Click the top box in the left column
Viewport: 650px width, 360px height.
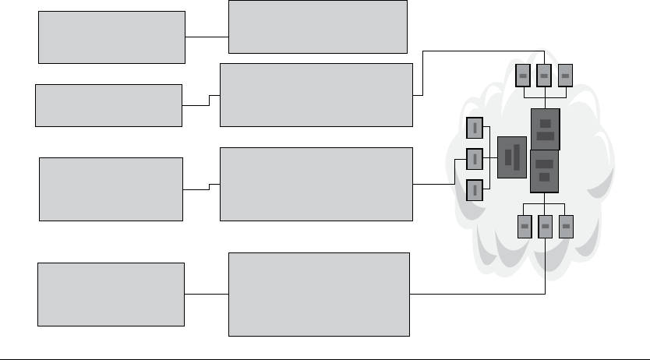(x=111, y=37)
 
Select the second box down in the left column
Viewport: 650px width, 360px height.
(x=108, y=105)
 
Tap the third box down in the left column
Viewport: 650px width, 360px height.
(x=111, y=189)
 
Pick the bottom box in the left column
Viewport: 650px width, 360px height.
(x=111, y=294)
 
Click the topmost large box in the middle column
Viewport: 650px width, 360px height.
(x=317, y=26)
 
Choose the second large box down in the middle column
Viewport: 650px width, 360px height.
(x=316, y=94)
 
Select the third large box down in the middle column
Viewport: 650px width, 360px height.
(x=316, y=184)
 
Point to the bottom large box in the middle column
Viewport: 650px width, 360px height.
(x=319, y=294)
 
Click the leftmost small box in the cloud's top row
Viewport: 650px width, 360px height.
(x=524, y=75)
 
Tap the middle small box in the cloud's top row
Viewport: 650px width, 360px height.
(x=545, y=75)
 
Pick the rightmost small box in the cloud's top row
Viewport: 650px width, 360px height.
(x=566, y=75)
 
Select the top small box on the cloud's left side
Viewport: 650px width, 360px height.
(x=475, y=128)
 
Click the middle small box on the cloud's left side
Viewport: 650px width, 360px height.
(x=475, y=159)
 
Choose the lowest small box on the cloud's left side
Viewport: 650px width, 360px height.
(x=475, y=189)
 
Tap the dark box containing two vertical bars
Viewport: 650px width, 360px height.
(x=512, y=157)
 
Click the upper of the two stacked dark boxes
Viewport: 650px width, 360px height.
(x=545, y=129)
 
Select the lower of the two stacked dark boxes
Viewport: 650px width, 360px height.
(x=544, y=171)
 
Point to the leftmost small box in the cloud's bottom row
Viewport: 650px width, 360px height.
(x=525, y=226)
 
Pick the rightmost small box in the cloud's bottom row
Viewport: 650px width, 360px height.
(x=567, y=226)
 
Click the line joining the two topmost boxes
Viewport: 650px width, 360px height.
(x=207, y=37)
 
